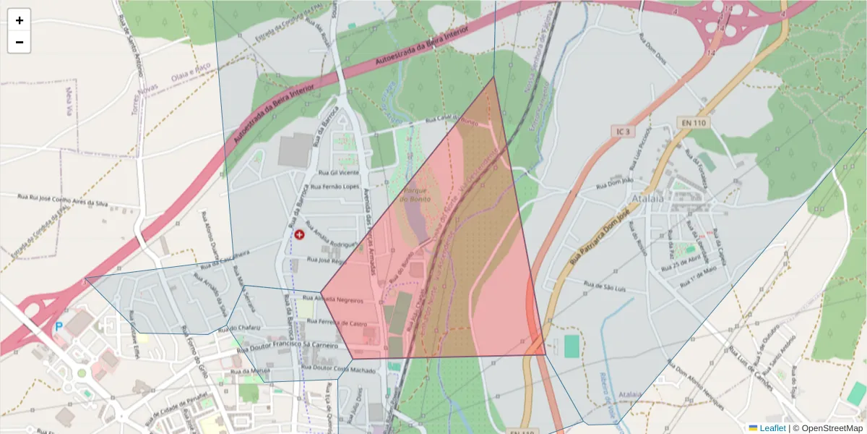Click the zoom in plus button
[19, 20]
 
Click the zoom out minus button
[19, 42]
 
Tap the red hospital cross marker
[300, 234]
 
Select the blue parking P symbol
[59, 326]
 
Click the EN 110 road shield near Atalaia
[692, 123]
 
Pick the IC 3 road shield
[624, 132]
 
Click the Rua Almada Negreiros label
[342, 298]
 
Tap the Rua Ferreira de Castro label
[342, 323]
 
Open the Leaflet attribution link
[772, 428]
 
